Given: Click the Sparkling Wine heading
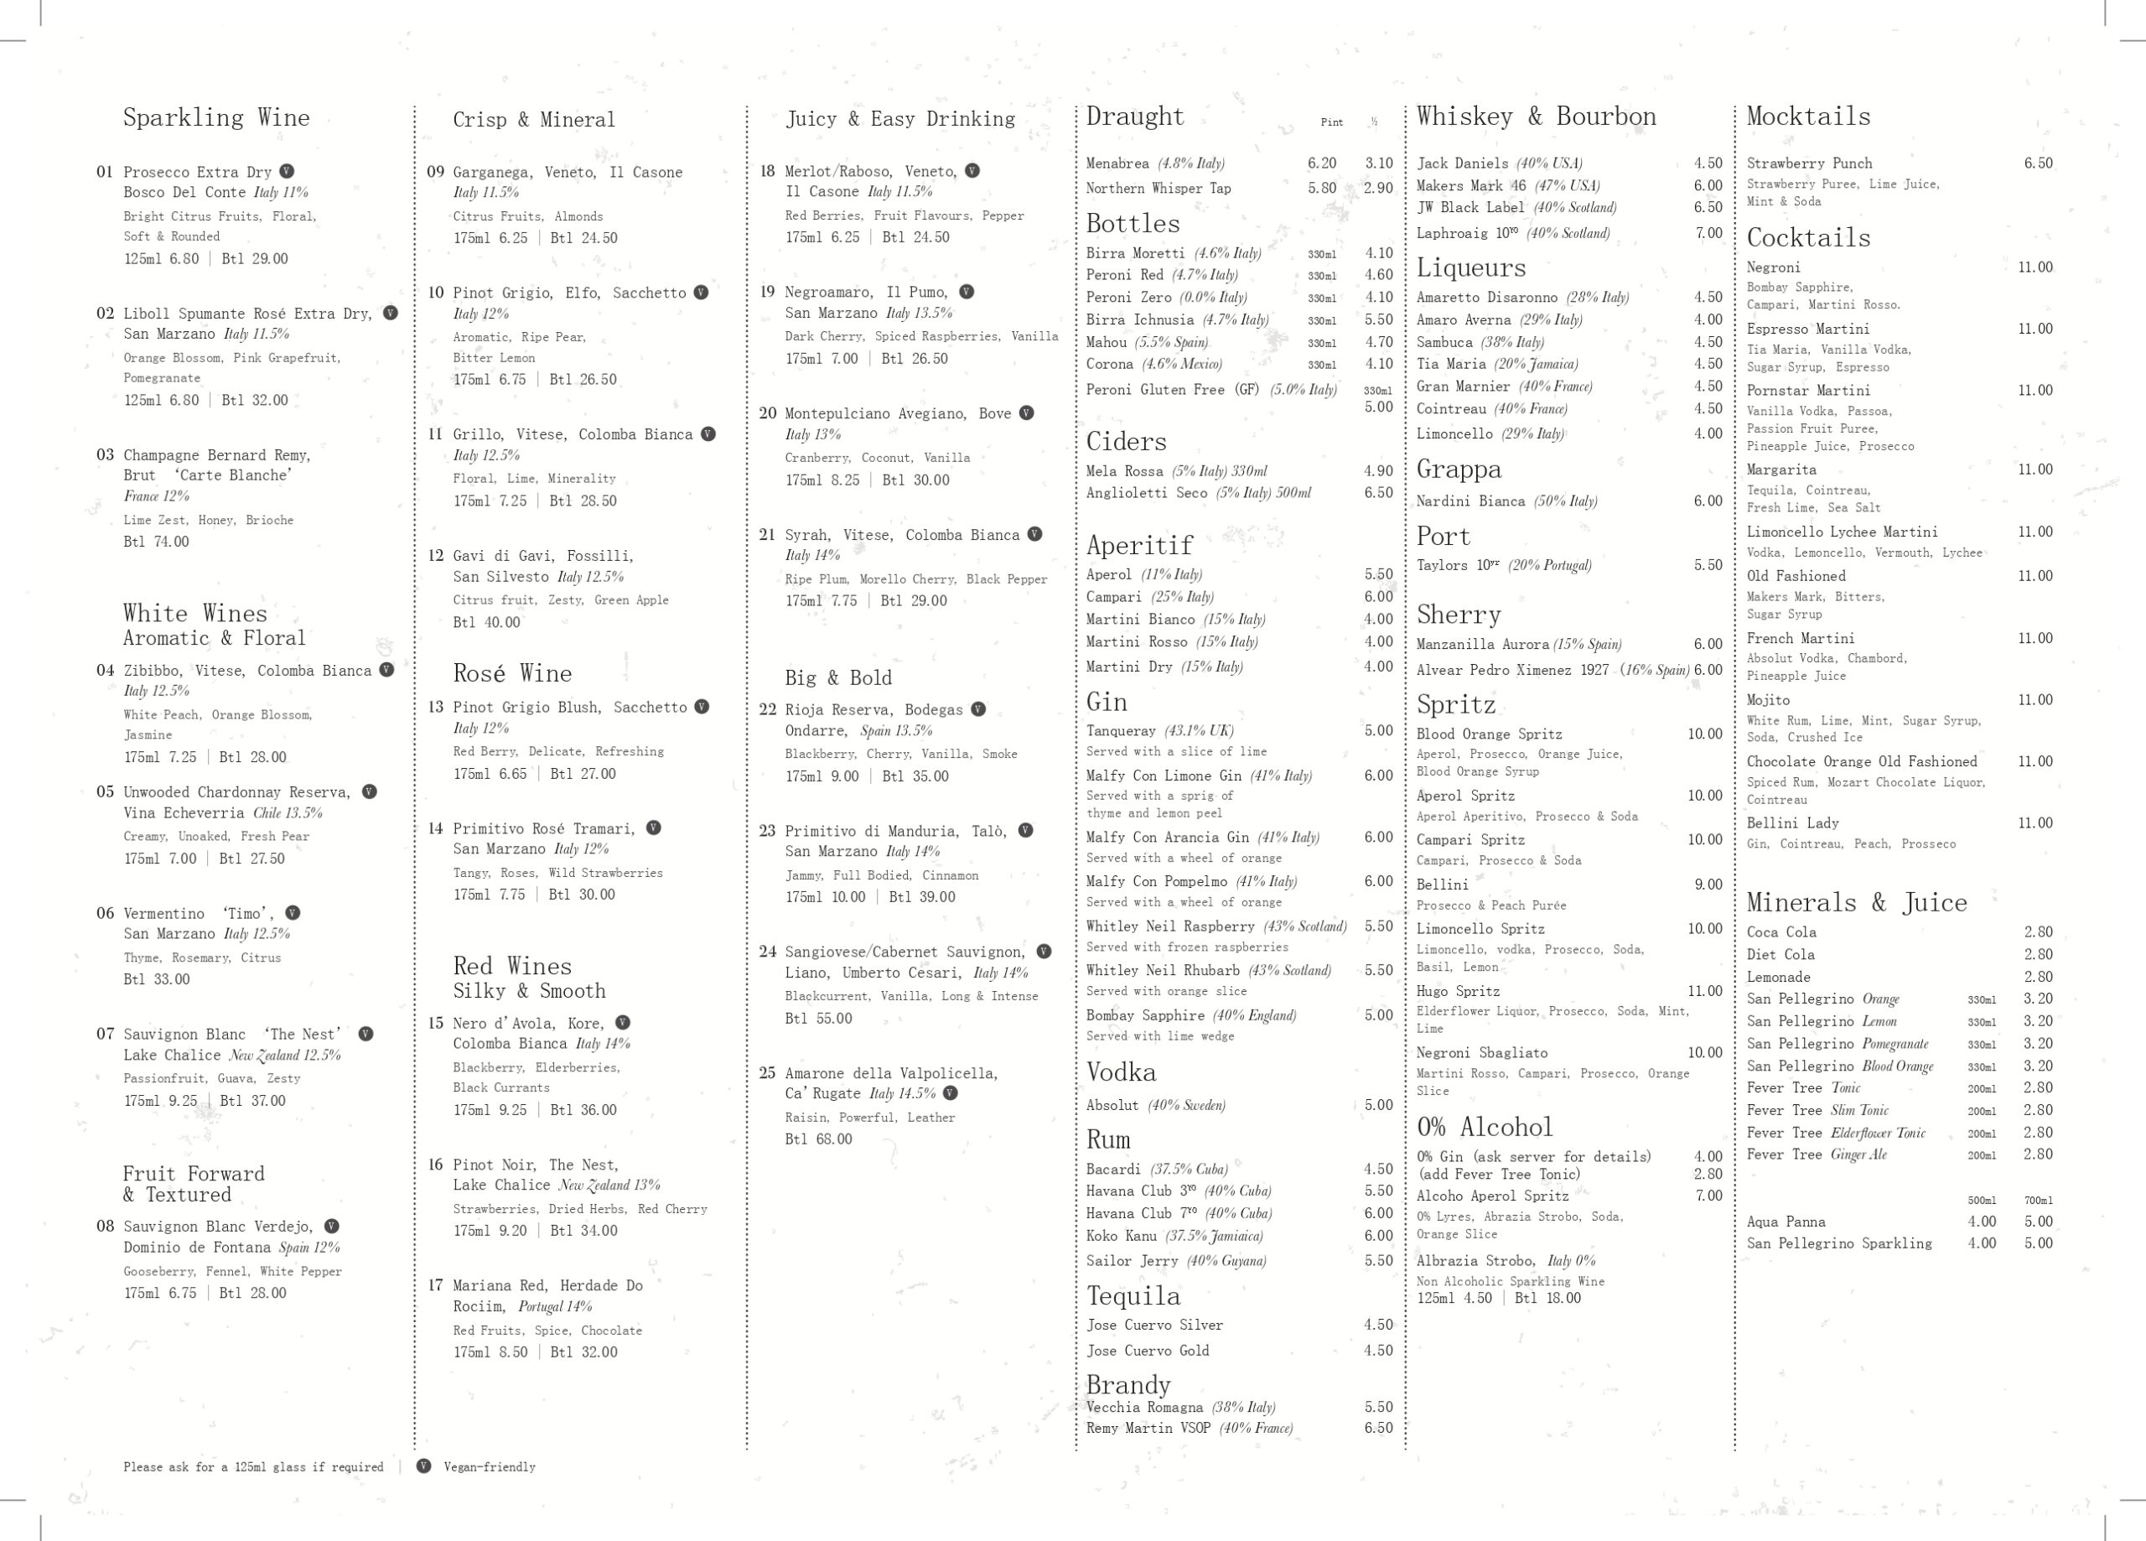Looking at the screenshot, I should [215, 117].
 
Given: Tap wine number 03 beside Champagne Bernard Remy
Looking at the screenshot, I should [105, 454].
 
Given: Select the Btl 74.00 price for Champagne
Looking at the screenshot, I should [156, 542].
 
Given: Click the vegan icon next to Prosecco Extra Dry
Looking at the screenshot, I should [287, 171].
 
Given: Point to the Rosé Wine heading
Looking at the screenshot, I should [512, 673].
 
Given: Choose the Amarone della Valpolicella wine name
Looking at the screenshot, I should [890, 1072].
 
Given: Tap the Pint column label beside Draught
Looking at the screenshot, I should [1331, 122].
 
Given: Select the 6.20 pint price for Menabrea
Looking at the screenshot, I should [1322, 163].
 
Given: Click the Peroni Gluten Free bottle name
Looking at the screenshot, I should [1171, 389].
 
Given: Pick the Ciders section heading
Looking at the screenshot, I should [1126, 441].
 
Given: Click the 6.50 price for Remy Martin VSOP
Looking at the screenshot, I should [1377, 1428].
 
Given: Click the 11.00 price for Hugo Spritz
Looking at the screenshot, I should [1704, 990].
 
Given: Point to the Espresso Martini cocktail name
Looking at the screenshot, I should [1807, 329].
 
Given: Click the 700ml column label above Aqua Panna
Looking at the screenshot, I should [2038, 1201].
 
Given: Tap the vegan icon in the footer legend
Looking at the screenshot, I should [424, 1466].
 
